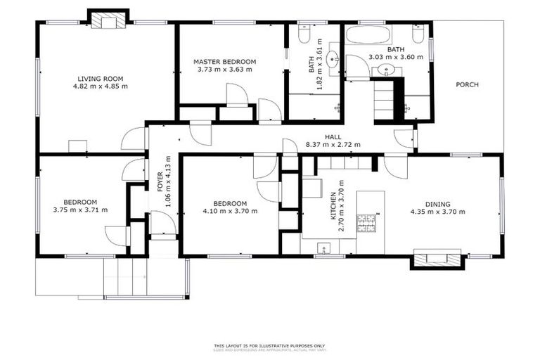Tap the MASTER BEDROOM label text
224,62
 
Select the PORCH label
467,84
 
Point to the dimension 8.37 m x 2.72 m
333,145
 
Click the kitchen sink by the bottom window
324,247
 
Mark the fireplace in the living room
108,21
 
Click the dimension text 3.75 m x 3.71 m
80,210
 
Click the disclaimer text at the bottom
270,347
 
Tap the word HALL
333,137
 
